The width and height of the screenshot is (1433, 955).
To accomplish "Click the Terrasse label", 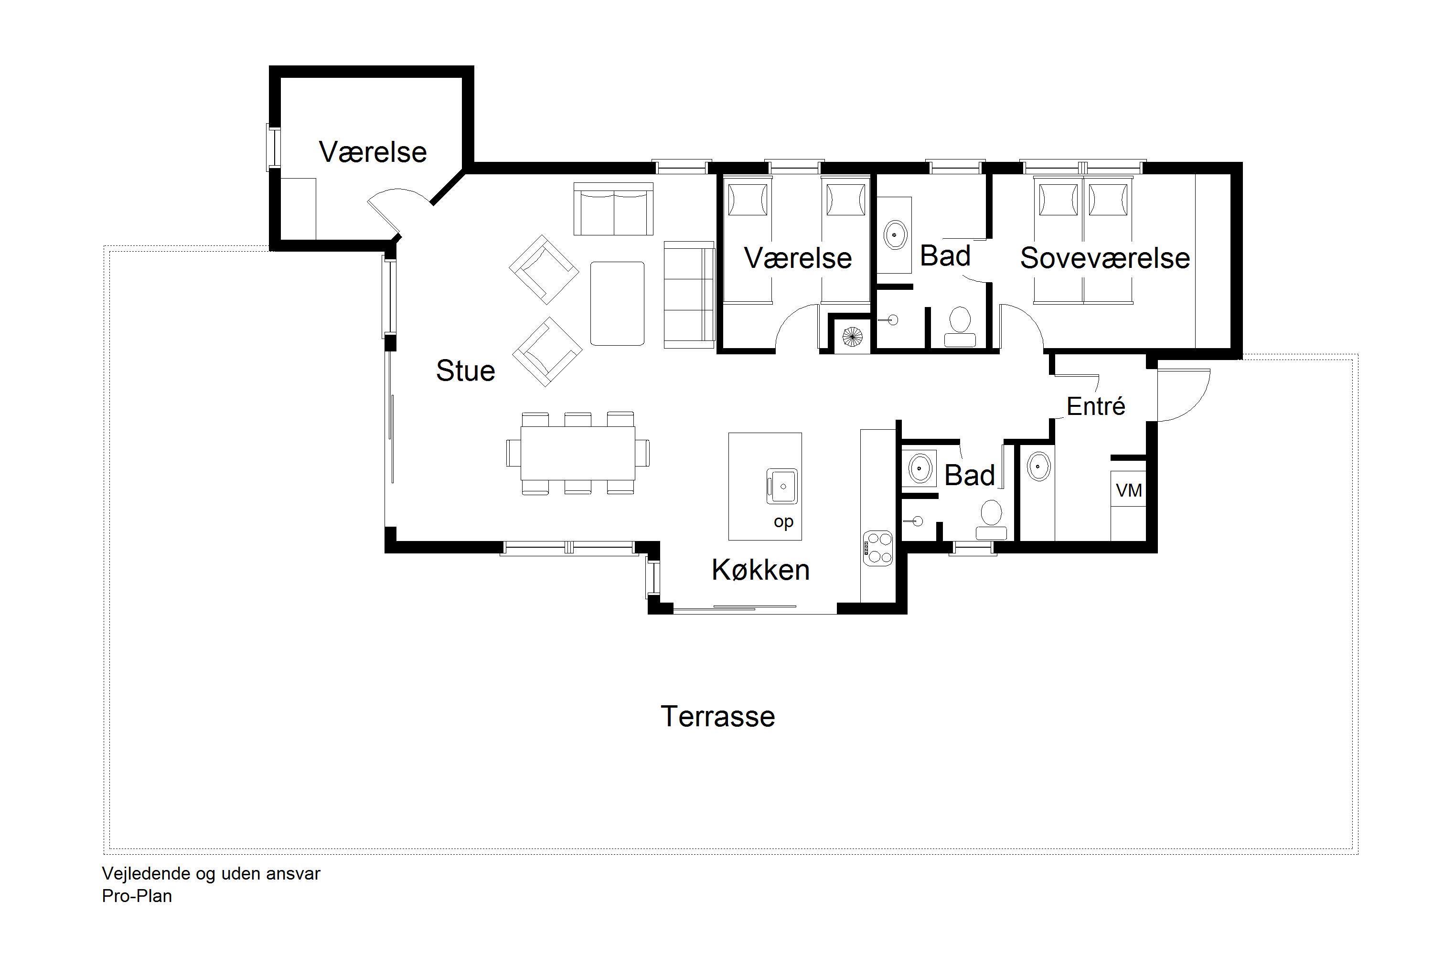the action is tap(718, 717).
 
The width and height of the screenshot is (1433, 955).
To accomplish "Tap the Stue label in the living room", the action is tap(465, 371).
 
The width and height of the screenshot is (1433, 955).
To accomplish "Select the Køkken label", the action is tap(760, 570).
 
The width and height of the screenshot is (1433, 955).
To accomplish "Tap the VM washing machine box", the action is tap(1128, 490).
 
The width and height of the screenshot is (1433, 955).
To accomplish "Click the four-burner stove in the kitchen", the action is tap(877, 548).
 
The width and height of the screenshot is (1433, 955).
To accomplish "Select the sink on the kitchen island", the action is tap(781, 486).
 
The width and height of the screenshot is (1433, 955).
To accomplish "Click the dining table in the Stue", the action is tap(577, 453).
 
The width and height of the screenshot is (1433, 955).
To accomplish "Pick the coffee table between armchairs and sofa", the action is tap(617, 303).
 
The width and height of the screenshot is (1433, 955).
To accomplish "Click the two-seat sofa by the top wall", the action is tap(613, 209).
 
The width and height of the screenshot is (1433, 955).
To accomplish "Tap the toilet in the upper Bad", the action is tap(960, 327).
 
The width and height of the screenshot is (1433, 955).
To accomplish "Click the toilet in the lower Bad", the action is tap(991, 520).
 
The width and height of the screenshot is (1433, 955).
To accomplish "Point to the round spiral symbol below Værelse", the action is tap(852, 336).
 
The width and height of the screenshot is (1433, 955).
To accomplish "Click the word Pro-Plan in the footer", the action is tap(137, 896).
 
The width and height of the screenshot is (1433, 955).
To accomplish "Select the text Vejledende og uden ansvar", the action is tap(211, 873).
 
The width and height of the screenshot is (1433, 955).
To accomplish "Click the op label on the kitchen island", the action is tap(783, 522).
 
